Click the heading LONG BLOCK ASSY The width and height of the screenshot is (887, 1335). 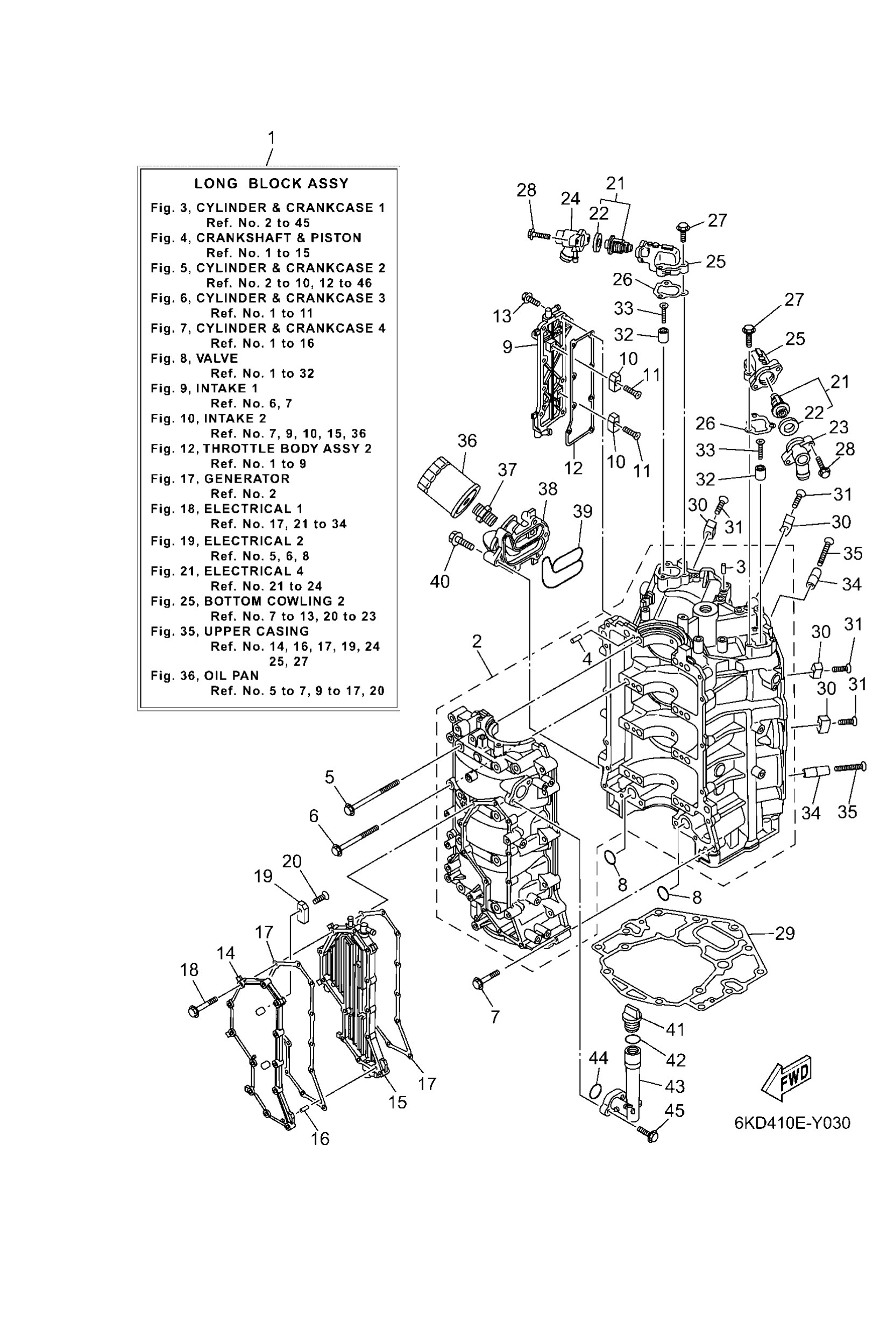(272, 183)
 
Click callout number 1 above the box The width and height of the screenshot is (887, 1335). (272, 138)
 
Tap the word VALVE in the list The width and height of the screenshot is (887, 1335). (217, 358)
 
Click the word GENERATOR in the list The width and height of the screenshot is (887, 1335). (247, 479)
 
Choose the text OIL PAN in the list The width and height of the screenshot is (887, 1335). (231, 676)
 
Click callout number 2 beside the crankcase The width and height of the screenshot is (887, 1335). (477, 641)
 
